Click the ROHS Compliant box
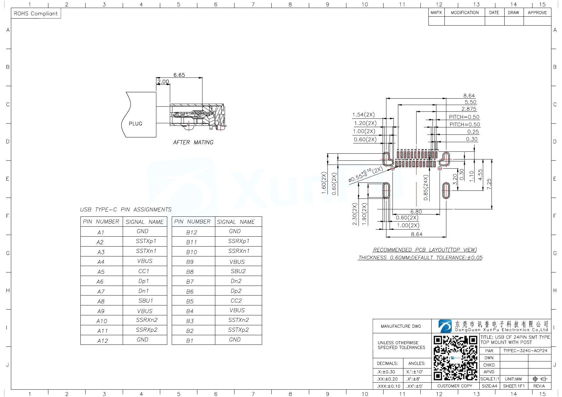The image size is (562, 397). tap(36, 13)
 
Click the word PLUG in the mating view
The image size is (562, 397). tap(136, 124)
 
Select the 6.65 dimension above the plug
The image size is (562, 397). tap(179, 75)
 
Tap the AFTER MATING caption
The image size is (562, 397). tap(193, 142)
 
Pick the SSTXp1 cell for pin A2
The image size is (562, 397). tap(146, 241)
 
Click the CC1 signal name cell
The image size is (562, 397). tap(144, 271)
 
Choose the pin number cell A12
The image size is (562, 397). tap(103, 341)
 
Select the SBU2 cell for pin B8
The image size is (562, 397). tap(238, 271)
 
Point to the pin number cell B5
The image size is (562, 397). tap(190, 301)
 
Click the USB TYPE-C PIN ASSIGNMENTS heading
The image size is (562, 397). tap(126, 209)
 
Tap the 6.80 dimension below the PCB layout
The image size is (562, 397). tap(416, 212)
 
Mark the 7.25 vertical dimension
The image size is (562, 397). tap(489, 184)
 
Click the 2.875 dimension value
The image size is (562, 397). tap(469, 109)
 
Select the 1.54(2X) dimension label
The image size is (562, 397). tap(363, 115)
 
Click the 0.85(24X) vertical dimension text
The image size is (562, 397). tap(426, 188)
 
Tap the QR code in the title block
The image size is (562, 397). tap(455, 358)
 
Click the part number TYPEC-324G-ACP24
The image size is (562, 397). tap(525, 351)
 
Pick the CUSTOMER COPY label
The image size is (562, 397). tap(454, 386)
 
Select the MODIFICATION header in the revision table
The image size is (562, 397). tap(465, 12)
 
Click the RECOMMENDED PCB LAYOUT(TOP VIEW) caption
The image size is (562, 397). tap(425, 250)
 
